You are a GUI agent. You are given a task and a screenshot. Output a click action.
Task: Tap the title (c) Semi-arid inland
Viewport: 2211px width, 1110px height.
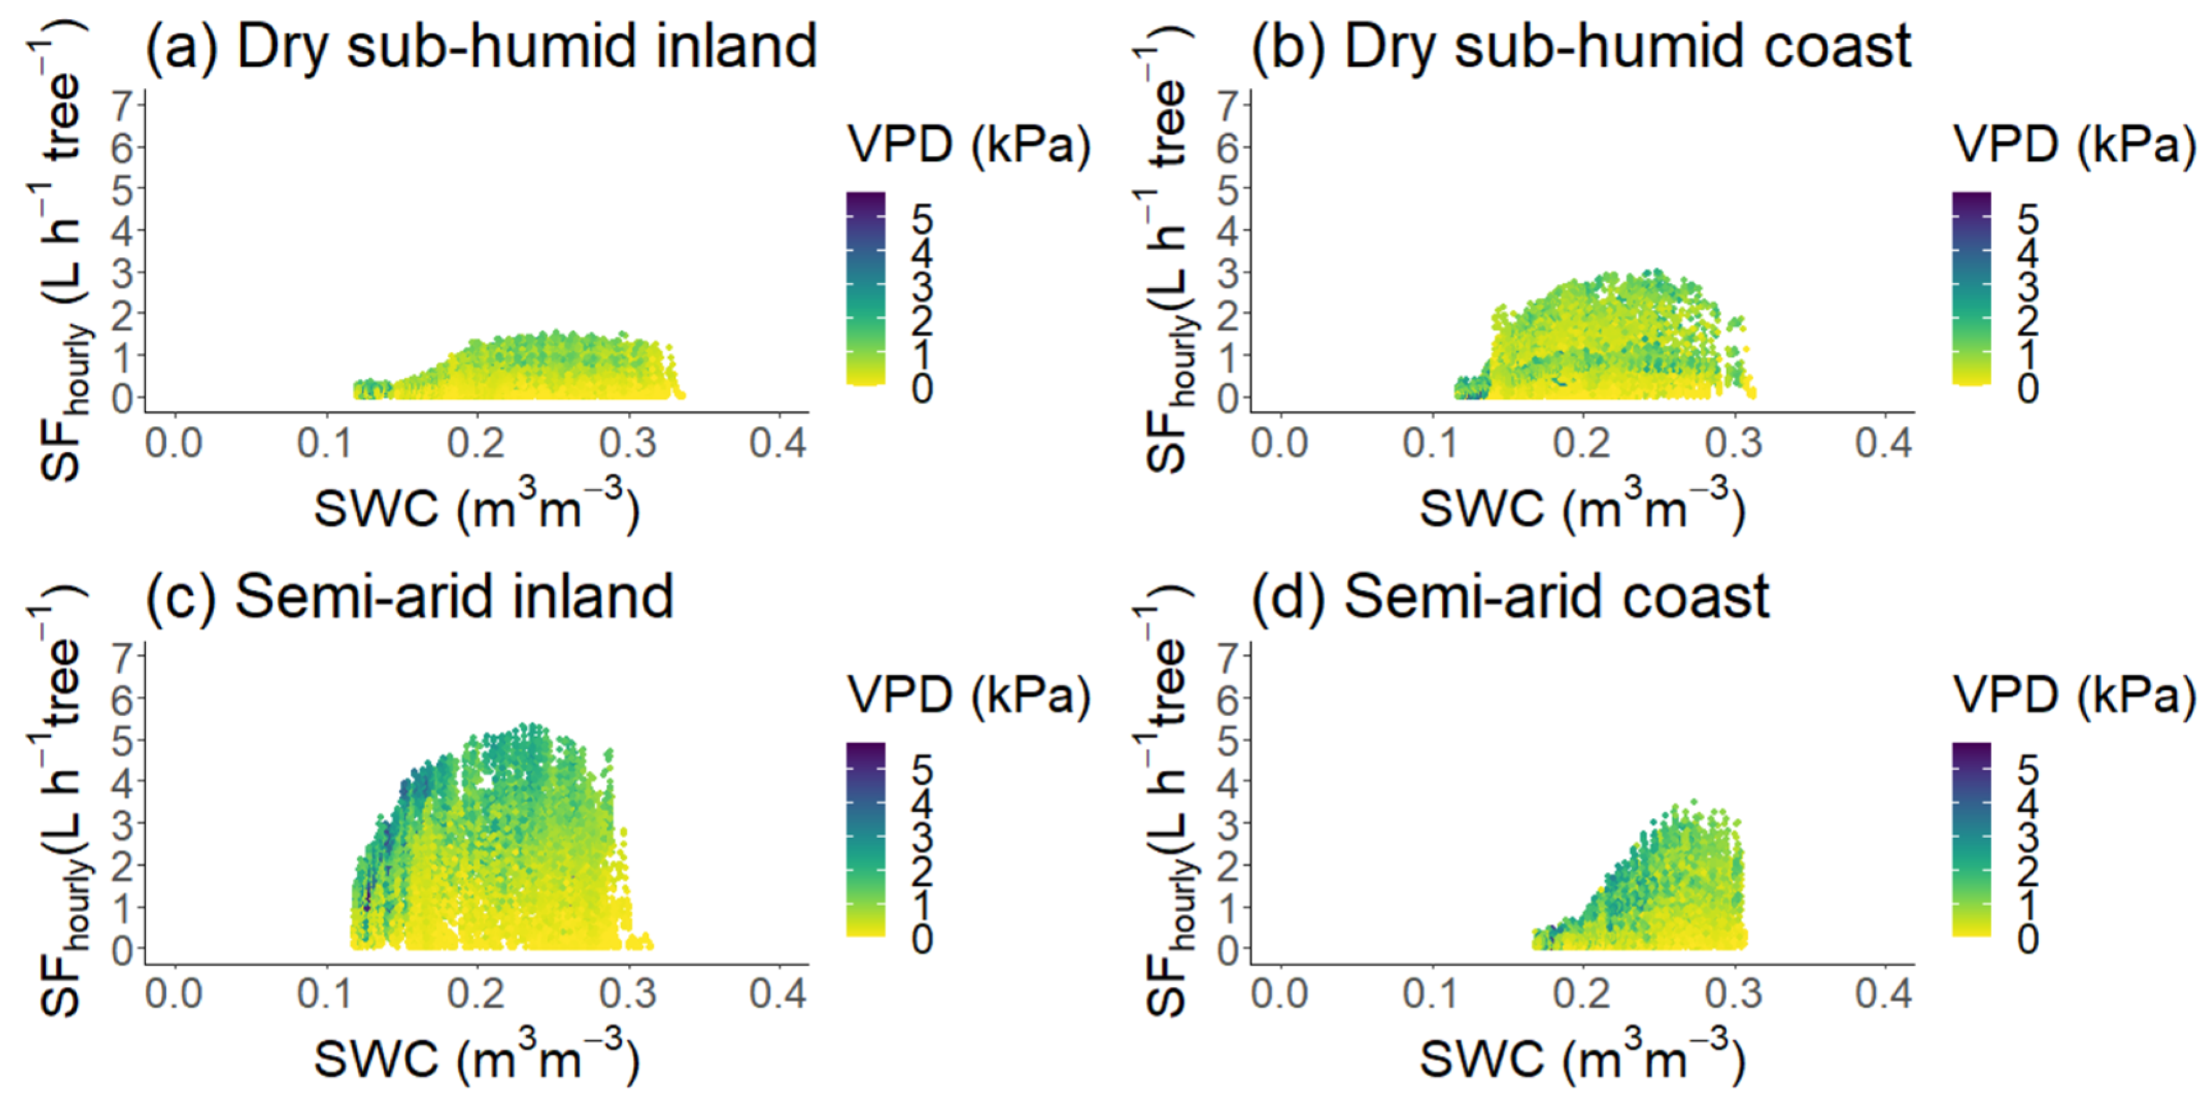(411, 597)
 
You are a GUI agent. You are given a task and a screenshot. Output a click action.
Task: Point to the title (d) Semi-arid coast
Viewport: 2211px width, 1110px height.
(1511, 597)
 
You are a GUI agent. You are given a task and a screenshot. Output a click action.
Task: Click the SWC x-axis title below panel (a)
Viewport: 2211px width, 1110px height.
(476, 508)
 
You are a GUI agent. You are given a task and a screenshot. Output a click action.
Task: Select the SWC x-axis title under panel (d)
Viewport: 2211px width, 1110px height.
(1582, 1059)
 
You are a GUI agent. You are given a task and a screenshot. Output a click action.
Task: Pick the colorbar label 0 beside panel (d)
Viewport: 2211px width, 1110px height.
(2027, 939)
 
